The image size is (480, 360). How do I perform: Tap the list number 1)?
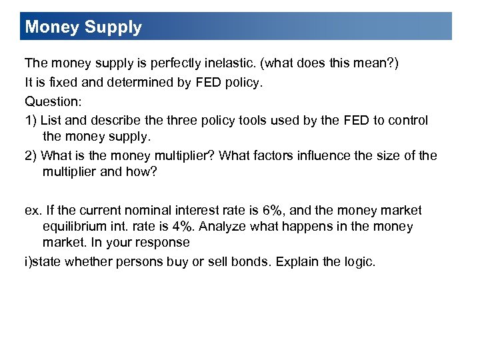tap(31, 121)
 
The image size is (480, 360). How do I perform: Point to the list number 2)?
tap(31, 156)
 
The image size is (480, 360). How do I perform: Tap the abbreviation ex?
tap(32, 211)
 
